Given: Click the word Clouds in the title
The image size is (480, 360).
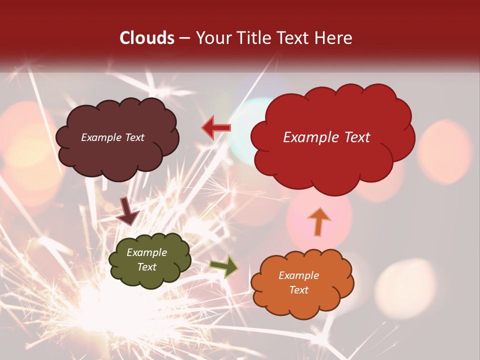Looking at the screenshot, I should (147, 38).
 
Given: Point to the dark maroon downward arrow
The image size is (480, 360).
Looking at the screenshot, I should (127, 212).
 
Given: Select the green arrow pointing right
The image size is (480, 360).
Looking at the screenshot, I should (224, 266).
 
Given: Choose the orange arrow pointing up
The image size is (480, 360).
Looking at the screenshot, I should (318, 221).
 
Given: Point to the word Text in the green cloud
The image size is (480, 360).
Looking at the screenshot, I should (147, 267).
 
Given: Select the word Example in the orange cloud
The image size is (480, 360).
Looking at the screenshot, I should (298, 275).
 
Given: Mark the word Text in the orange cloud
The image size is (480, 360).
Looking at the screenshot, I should (298, 290).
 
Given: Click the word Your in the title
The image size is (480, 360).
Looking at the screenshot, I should (210, 38).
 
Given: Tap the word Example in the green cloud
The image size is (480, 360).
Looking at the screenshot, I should (147, 252).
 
